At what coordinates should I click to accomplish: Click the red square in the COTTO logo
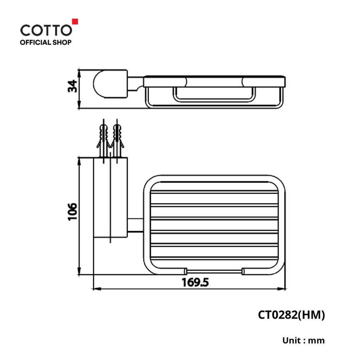click(x=75, y=21)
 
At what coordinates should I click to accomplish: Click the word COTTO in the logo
click(x=46, y=30)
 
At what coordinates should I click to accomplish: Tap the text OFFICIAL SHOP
click(x=45, y=43)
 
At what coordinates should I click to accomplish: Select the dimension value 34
click(x=72, y=86)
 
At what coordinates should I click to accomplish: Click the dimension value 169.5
click(x=195, y=282)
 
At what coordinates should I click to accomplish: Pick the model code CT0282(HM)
click(x=291, y=315)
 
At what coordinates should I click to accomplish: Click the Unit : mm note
click(x=303, y=340)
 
